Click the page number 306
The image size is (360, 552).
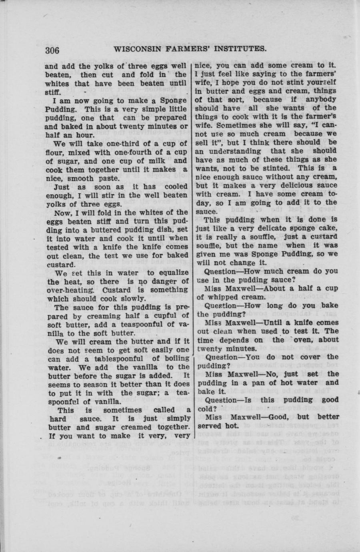[52, 50]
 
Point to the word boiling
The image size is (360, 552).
[174, 358]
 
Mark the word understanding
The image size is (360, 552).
[234, 151]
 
